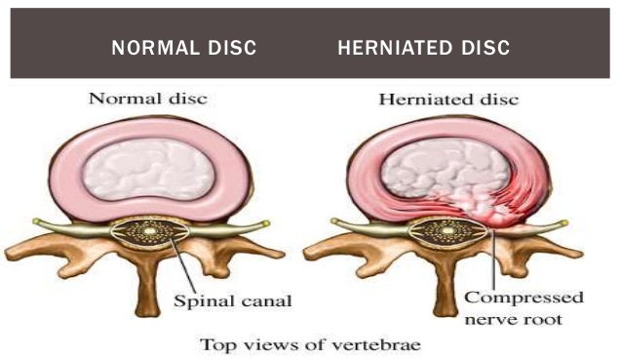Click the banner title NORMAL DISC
[184, 48]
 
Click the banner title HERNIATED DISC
[423, 48]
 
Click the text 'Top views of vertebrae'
[311, 343]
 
